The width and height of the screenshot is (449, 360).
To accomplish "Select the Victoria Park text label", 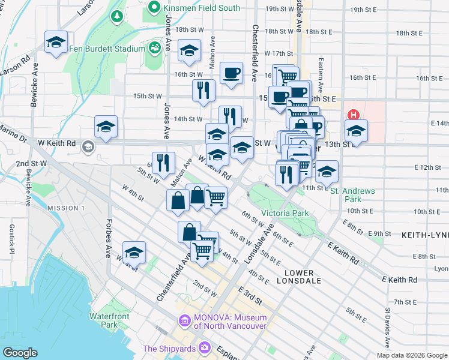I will [284, 213].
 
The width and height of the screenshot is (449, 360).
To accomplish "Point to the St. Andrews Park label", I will [353, 195].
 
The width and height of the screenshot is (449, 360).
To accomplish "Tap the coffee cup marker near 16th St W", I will [231, 74].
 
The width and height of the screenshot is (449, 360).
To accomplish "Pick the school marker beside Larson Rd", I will [56, 43].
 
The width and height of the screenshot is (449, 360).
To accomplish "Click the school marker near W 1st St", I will [134, 252].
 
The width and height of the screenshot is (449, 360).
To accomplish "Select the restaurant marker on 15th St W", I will [203, 90].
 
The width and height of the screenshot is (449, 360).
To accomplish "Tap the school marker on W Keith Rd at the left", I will [106, 127].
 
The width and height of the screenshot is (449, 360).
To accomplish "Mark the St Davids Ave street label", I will [388, 326].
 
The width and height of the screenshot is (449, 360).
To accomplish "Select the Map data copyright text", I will [411, 355].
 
